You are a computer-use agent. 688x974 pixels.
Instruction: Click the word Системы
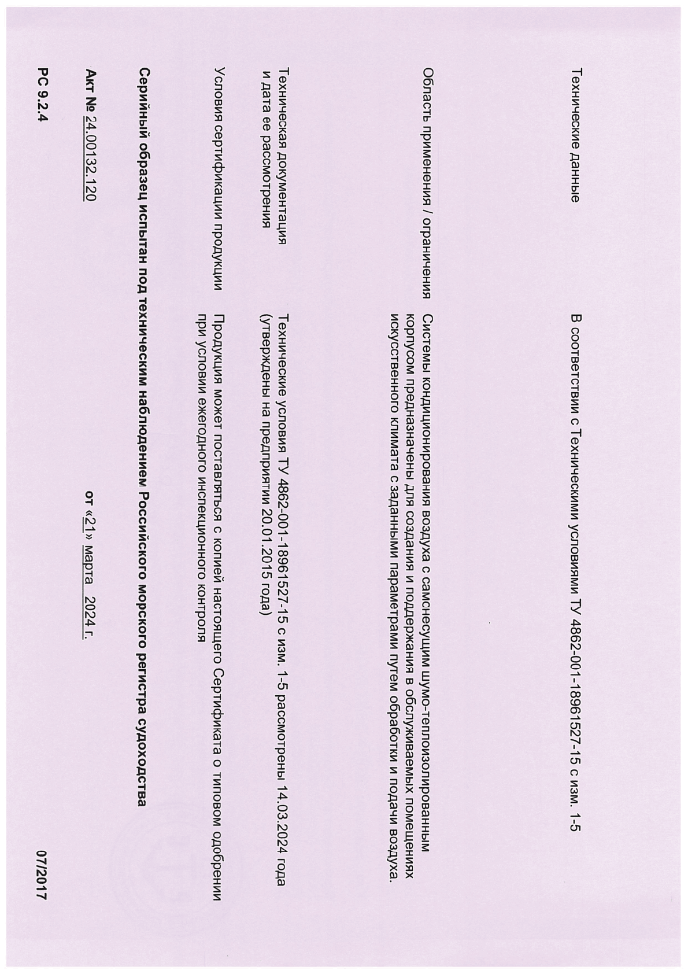(x=428, y=338)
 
